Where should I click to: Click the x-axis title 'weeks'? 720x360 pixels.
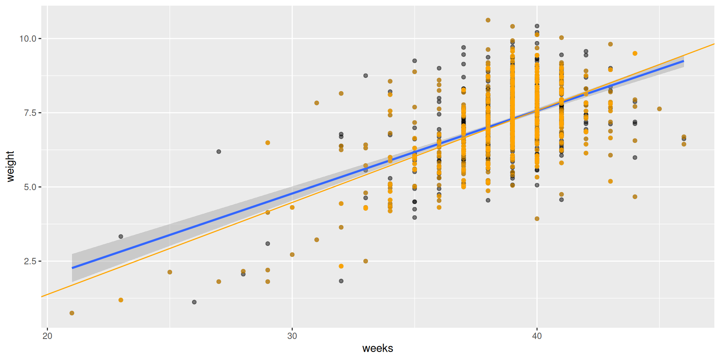[378, 348]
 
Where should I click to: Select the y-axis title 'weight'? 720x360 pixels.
[10, 166]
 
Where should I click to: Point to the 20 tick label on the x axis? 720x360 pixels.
[47, 336]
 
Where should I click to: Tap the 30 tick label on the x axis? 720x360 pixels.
[292, 336]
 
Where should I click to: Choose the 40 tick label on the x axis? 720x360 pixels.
[537, 336]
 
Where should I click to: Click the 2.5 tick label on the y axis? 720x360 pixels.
[30, 261]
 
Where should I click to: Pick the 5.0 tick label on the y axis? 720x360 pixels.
[30, 187]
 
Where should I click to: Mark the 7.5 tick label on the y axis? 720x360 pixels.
[30, 113]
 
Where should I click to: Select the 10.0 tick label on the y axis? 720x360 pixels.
[28, 39]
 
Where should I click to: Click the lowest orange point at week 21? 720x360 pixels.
[72, 313]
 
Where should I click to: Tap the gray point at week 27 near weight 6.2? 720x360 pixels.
[219, 151]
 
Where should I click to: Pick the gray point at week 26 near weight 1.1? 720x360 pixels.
[194, 302]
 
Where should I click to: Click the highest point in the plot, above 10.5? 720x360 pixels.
[488, 20]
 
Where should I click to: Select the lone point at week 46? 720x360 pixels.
[659, 109]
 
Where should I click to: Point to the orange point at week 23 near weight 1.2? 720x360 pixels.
[121, 300]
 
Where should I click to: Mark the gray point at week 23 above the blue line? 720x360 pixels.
[121, 237]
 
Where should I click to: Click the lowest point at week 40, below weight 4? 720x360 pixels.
[537, 219]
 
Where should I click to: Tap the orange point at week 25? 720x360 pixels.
[170, 272]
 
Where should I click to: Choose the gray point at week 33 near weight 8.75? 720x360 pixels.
[366, 76]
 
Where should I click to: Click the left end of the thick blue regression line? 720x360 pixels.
[73, 268]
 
